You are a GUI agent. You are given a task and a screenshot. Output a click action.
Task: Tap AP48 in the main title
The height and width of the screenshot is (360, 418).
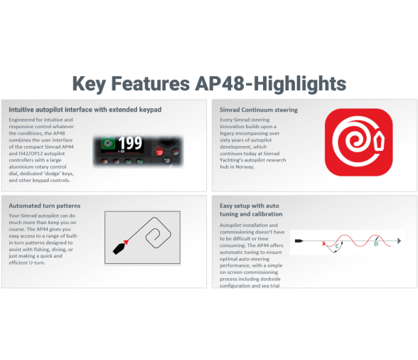coord(220,83)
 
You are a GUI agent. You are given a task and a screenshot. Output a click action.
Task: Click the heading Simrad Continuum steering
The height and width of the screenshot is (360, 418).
coord(259,110)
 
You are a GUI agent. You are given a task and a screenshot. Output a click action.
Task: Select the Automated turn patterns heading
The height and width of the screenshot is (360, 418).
coord(45,206)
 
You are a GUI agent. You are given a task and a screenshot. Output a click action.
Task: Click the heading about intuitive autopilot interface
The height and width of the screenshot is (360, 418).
coord(85,110)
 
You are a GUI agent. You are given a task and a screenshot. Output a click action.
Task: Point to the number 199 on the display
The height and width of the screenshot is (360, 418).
coord(130,143)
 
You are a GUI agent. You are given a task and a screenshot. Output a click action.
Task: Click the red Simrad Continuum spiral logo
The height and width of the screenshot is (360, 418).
coord(358,142)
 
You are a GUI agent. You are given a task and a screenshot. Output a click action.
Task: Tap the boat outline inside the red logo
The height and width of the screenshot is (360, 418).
coord(379,142)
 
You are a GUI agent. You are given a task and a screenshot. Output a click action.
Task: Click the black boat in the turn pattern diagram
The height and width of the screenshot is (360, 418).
coord(119,248)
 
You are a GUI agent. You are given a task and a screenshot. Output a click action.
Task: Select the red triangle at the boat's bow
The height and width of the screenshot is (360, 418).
coord(126,242)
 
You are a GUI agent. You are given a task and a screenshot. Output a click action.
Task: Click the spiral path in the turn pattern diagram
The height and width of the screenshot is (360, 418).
coord(158,233)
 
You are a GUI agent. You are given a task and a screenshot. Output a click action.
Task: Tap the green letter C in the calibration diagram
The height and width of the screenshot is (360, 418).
coord(337,246)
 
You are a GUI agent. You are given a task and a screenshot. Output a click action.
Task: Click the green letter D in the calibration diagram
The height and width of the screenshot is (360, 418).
coord(376,243)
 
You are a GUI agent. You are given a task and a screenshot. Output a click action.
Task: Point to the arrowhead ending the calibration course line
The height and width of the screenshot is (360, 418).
coord(399,240)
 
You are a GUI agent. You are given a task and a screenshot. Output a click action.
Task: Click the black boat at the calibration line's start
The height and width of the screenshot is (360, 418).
coord(299,241)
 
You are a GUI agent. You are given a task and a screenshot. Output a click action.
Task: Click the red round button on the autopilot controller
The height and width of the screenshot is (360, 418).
coord(159,152)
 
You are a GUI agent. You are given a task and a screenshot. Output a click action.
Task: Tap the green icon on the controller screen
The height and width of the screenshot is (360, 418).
coord(108,143)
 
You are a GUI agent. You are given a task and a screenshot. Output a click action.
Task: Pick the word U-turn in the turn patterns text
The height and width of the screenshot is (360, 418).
coord(37,263)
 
